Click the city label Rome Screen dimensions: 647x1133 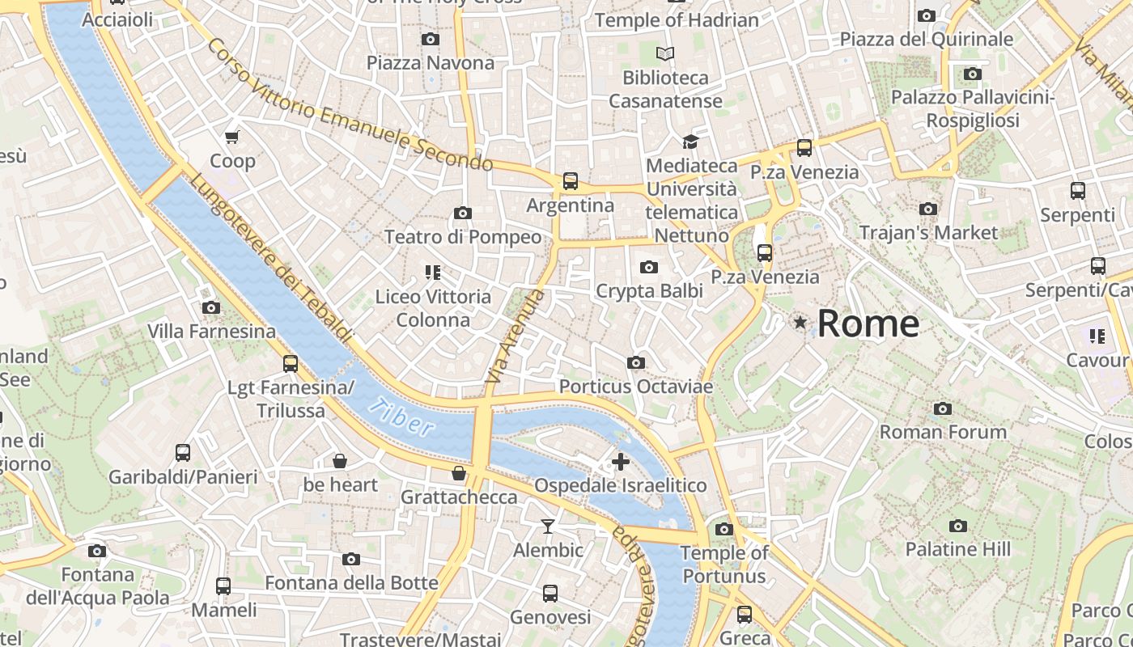[868, 323]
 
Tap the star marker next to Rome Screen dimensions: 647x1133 [800, 323]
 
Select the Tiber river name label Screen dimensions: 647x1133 [401, 417]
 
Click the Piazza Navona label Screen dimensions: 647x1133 [430, 63]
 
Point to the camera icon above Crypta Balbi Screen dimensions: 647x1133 [648, 268]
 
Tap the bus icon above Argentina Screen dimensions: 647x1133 [571, 181]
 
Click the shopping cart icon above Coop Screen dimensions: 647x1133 [232, 137]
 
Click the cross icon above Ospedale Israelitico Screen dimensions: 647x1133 [621, 462]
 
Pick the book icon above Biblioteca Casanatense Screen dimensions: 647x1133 [665, 54]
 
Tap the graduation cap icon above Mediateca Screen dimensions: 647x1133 [690, 142]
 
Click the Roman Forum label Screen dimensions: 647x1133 [943, 432]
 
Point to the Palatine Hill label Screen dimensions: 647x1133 [958, 550]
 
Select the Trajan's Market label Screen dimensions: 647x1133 [928, 233]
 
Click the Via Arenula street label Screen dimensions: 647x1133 [515, 336]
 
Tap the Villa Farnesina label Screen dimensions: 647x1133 [211, 332]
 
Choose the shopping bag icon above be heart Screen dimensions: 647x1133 [340, 461]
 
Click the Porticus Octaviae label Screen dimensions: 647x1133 [636, 387]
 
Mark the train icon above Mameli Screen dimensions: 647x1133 [223, 586]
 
